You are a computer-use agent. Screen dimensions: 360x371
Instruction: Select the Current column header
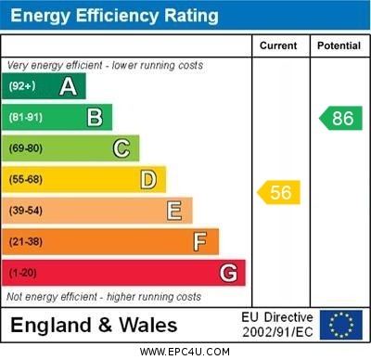coord(278,45)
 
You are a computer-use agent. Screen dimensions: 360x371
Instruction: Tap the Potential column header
coord(339,45)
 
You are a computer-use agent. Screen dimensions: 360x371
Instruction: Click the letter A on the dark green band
coord(68,87)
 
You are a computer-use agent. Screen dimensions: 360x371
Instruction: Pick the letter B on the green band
coord(95,118)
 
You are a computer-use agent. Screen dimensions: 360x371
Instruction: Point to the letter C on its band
coord(122,148)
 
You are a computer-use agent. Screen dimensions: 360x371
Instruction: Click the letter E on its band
coord(174,211)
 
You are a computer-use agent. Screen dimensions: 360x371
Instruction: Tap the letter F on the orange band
coord(200,242)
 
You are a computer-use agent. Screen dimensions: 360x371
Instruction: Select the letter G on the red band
coord(228,274)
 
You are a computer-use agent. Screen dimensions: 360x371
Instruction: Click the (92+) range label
coord(22,87)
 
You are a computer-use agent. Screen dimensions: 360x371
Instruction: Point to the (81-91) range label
coord(26,118)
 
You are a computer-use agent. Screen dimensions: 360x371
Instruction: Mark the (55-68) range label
coord(26,180)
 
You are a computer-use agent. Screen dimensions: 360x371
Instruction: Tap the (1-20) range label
coord(23,274)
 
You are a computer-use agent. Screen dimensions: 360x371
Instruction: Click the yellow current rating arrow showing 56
coord(278,192)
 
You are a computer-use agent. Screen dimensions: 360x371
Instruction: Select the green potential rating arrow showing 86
coord(340,118)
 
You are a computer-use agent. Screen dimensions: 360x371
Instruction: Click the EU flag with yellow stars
coord(341,325)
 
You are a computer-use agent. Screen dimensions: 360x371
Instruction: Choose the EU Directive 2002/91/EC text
coord(277,325)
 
